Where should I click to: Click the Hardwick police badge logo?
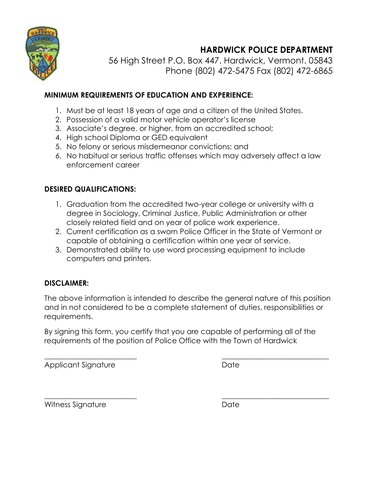[x=42, y=54]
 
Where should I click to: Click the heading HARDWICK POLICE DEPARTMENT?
[x=266, y=50]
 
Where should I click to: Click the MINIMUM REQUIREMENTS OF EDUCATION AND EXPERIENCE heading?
[x=148, y=95]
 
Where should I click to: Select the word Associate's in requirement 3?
[x=85, y=129]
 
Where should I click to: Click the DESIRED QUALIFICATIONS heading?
[x=90, y=189]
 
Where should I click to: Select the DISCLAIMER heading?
[x=66, y=283]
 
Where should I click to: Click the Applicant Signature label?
[x=80, y=365]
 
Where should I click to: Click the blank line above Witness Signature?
[x=90, y=398]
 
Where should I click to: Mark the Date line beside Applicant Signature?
[x=275, y=358]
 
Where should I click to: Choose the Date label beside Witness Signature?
[x=231, y=405]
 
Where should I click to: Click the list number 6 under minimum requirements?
[x=58, y=156]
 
